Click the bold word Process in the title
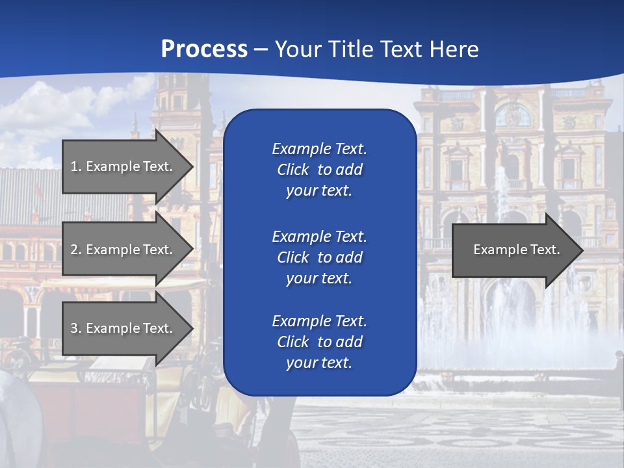point(204,49)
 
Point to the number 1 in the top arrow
point(74,166)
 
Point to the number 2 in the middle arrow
point(74,250)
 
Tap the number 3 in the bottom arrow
point(74,328)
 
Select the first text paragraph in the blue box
point(319,170)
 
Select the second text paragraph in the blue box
point(319,257)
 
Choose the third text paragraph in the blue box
point(319,342)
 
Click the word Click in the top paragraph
point(293,170)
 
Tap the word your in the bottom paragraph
point(299,363)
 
